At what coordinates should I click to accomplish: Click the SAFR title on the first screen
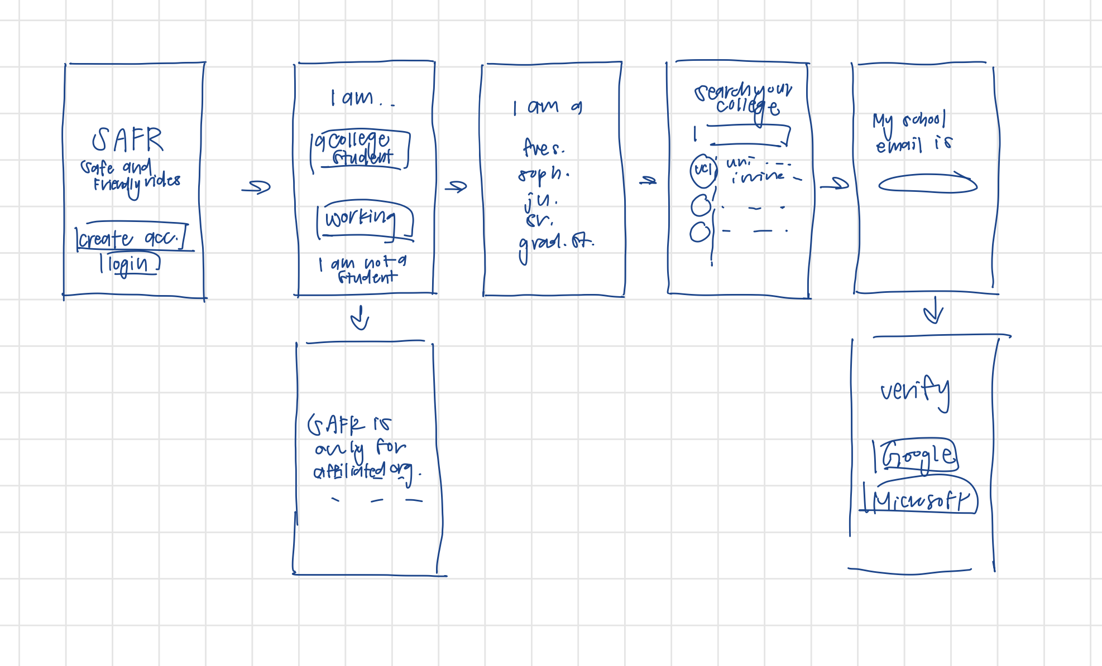click(128, 139)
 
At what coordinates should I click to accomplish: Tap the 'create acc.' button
click(132, 238)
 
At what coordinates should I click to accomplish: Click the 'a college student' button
click(360, 149)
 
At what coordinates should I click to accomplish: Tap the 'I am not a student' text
click(363, 269)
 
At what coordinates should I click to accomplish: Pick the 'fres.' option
click(543, 148)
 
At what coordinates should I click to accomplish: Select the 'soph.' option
click(543, 175)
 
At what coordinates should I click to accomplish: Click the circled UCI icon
click(703, 170)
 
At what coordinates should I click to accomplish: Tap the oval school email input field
click(927, 184)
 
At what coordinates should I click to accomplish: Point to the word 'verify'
click(914, 390)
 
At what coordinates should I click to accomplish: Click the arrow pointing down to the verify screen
click(933, 311)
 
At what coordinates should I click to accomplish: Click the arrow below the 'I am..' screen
click(360, 318)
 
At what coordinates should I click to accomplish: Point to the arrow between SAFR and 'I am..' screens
click(256, 187)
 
